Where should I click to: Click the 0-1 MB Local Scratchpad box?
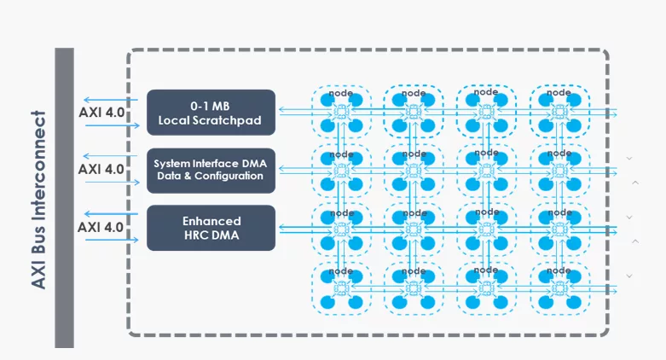coord(211,112)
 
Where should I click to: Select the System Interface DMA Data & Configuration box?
coord(211,169)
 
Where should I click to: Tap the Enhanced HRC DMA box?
coord(211,228)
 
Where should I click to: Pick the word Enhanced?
coord(211,220)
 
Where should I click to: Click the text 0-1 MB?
coord(211,104)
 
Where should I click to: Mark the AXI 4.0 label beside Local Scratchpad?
coord(101,112)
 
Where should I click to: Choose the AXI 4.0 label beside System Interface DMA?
coord(101,169)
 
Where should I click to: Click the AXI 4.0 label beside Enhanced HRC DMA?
coord(101,227)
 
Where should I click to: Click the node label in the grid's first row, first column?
coord(341,93)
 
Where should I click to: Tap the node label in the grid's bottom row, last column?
coord(559,270)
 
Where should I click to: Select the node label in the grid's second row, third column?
coord(486,154)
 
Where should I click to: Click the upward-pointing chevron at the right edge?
coord(634,183)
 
